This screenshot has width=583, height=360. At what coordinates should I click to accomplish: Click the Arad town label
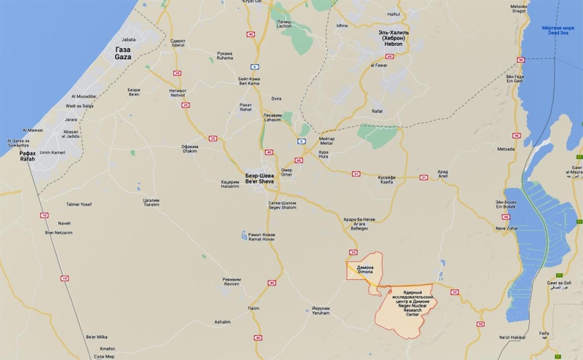(443, 176)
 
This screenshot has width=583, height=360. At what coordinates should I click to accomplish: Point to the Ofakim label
(189, 149)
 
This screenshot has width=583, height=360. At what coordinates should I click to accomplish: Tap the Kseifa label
(386, 179)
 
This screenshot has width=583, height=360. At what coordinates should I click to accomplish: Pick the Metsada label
(506, 149)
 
